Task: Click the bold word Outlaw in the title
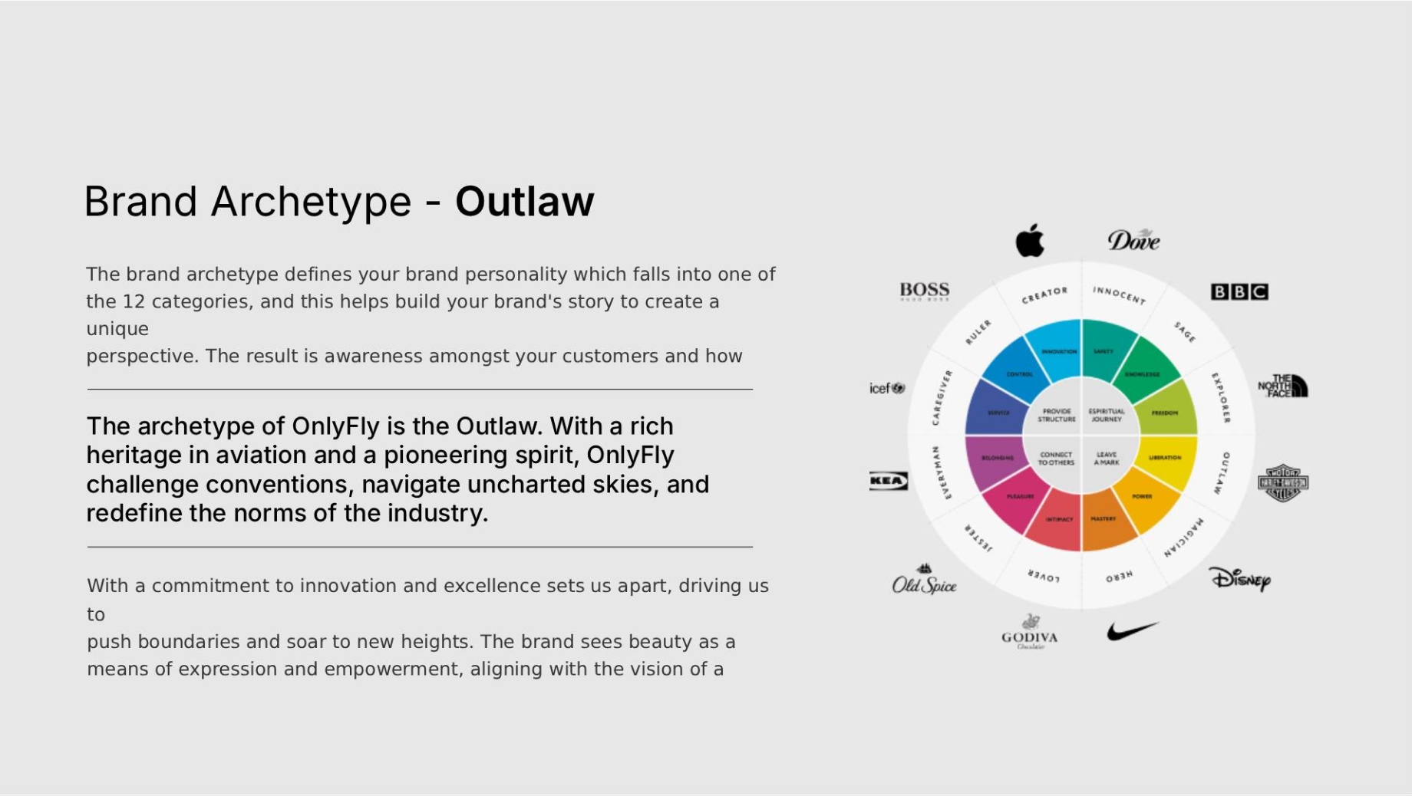pyautogui.click(x=524, y=202)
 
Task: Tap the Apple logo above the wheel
pyautogui.click(x=1030, y=241)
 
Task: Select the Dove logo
pyautogui.click(x=1133, y=240)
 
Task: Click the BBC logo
pyautogui.click(x=1239, y=291)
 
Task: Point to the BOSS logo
pyautogui.click(x=925, y=291)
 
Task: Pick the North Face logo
pyautogui.click(x=1282, y=386)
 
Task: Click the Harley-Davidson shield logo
pyautogui.click(x=1282, y=483)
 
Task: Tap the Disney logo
pyautogui.click(x=1240, y=579)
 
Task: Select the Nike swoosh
pyautogui.click(x=1132, y=631)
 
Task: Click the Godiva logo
pyautogui.click(x=1030, y=633)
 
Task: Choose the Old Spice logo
pyautogui.click(x=924, y=582)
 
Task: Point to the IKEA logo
pyautogui.click(x=888, y=481)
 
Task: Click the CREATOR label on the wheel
pyautogui.click(x=1044, y=295)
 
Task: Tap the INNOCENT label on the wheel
pyautogui.click(x=1119, y=294)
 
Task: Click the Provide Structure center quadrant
pyautogui.click(x=1056, y=415)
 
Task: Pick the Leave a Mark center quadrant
pyautogui.click(x=1107, y=459)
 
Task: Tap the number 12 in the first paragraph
pyautogui.click(x=134, y=301)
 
